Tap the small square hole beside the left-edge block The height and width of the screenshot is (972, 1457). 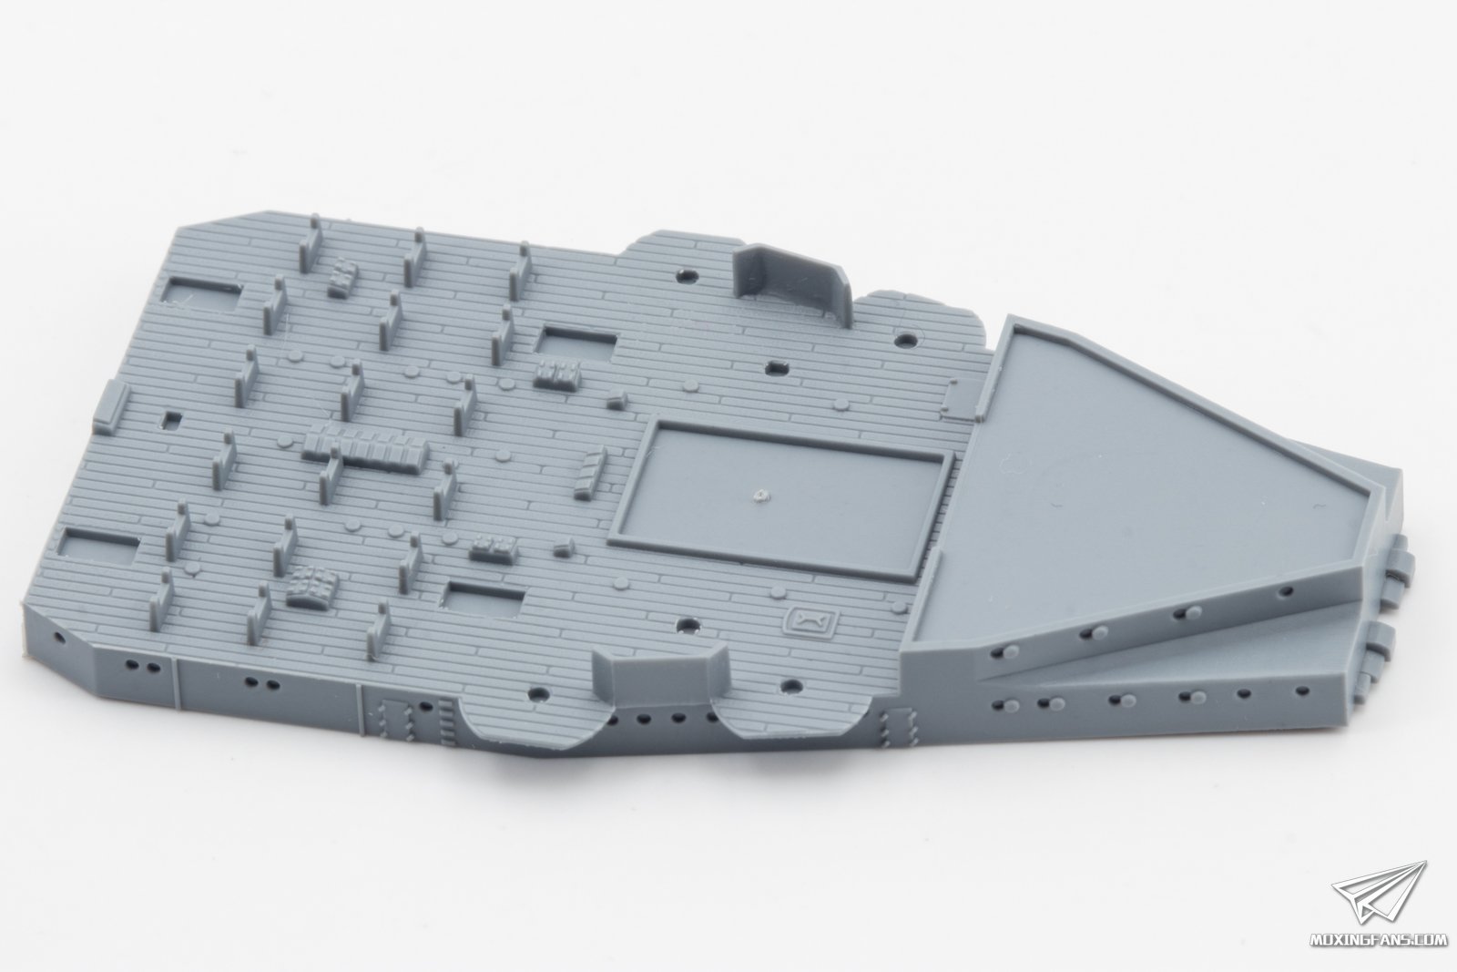[x=172, y=420]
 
